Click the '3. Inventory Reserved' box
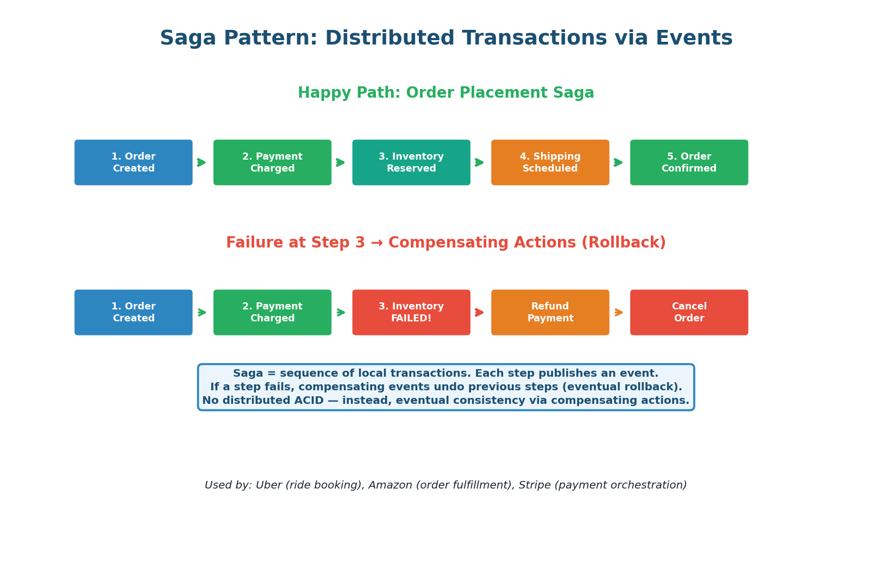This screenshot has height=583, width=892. pos(411,162)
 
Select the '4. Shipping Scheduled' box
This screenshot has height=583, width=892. pos(550,162)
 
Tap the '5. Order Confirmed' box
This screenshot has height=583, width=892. pos(689,162)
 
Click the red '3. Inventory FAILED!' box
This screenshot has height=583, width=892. pos(411,312)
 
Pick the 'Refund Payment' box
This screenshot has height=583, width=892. pos(550,312)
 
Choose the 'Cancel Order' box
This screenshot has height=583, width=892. pos(689,312)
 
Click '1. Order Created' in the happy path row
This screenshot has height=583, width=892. pos(134,162)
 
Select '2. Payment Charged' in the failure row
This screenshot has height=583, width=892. pos(272,312)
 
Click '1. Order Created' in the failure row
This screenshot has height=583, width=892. pos(134,312)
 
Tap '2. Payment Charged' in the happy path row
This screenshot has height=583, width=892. pos(272,162)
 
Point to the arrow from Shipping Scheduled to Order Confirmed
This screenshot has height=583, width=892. pos(619,162)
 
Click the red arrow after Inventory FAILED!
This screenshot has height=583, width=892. pos(480,312)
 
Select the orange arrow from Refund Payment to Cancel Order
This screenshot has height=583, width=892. pos(619,312)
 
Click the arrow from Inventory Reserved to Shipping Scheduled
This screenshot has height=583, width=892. pos(480,162)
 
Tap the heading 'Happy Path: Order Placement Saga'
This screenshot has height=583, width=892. pos(445,93)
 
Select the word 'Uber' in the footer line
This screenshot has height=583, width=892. pos(268,485)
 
